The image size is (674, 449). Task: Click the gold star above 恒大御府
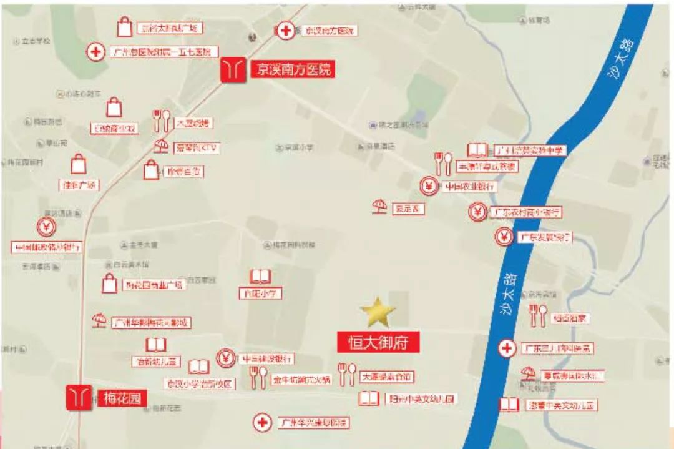(x=378, y=313)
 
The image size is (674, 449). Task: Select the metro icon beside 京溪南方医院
(x=233, y=69)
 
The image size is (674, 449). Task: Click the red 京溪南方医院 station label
(x=292, y=69)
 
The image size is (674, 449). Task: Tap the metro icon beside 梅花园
(x=79, y=397)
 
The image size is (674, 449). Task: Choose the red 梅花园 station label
(x=117, y=398)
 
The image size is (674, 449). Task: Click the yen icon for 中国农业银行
(x=429, y=186)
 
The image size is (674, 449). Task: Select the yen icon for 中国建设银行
(x=226, y=358)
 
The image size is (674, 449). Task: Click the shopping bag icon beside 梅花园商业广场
(x=110, y=285)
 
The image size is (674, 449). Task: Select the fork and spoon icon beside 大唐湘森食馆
(x=347, y=373)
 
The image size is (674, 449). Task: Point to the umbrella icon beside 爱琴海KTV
(x=161, y=147)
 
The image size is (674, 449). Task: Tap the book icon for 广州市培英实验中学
(x=477, y=150)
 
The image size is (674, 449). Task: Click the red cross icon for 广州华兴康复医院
(x=263, y=423)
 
